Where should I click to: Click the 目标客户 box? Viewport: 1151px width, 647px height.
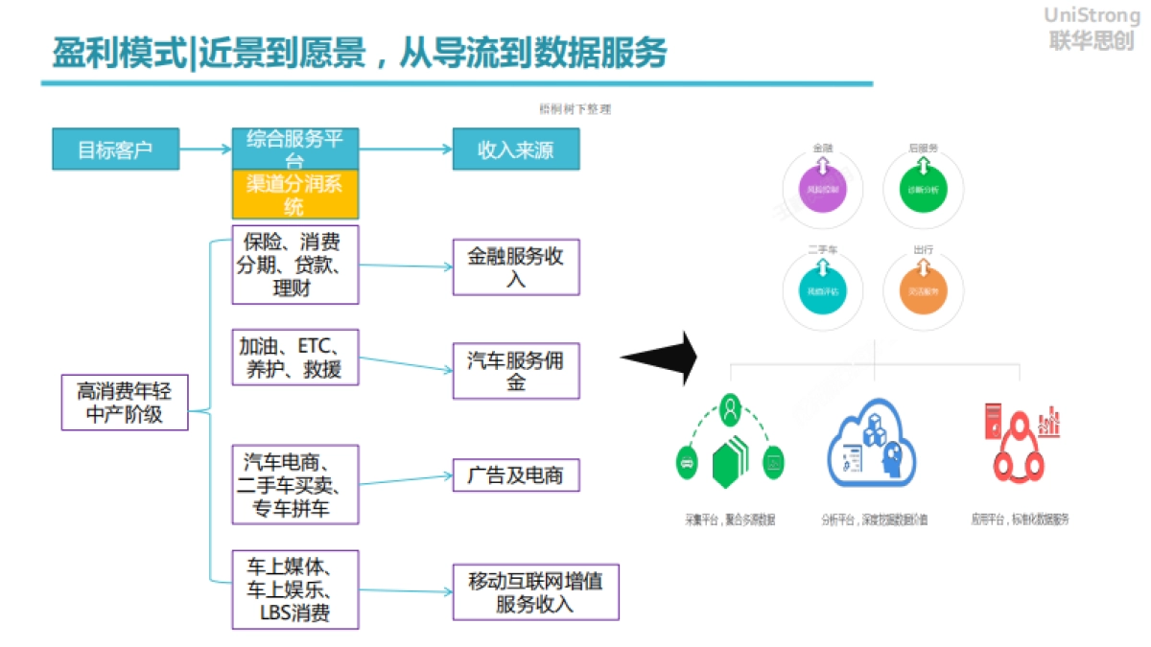[x=115, y=150]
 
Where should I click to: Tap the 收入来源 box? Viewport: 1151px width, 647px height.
[x=516, y=150]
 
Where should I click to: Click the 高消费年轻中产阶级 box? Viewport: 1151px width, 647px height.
[x=125, y=402]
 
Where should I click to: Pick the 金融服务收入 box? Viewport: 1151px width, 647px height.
[x=516, y=267]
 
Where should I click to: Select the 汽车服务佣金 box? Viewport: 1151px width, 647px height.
[x=516, y=371]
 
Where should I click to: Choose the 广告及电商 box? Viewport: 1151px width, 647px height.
[x=516, y=475]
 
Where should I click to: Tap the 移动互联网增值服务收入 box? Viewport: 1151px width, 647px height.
[x=535, y=592]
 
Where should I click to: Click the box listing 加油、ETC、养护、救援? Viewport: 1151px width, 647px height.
[x=295, y=357]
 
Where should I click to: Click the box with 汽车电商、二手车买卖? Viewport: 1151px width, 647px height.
[x=295, y=484]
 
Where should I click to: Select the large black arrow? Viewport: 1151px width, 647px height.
[x=660, y=358]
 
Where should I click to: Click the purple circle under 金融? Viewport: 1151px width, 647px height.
[x=824, y=188]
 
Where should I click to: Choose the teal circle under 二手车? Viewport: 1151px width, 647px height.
[x=824, y=289]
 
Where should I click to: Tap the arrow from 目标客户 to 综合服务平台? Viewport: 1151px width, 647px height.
[x=206, y=150]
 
